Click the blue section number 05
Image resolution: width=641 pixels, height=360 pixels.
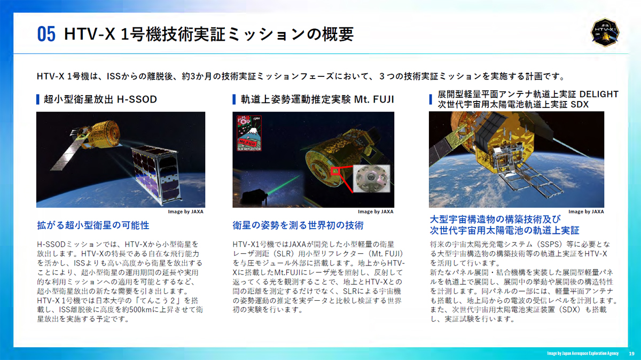tap(46, 34)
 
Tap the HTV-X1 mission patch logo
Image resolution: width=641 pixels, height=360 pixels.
tap(605, 33)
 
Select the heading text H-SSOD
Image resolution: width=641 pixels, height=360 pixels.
tap(137, 99)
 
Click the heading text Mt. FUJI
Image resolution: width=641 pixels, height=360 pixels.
tap(374, 99)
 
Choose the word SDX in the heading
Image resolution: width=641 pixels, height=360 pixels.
tap(580, 105)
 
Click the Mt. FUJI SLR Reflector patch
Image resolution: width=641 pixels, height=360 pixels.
tap(249, 133)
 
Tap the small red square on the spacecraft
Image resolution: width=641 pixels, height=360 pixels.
tap(335, 171)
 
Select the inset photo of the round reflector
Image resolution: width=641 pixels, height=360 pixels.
tap(371, 178)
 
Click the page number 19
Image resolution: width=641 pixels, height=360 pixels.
tap(631, 354)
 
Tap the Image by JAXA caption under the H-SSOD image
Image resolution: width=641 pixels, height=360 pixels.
tap(185, 212)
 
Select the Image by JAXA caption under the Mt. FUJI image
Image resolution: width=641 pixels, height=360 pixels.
tap(376, 212)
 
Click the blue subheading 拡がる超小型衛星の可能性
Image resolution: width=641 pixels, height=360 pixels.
tap(93, 225)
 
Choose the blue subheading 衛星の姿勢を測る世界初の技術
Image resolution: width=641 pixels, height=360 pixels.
tap(298, 225)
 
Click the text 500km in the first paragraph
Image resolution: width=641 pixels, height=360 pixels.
tap(140, 310)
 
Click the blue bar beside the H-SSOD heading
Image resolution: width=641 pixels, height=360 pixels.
tap(38, 99)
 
